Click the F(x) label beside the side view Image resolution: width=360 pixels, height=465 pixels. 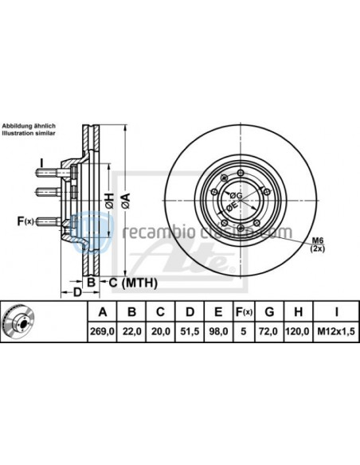[25, 221]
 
